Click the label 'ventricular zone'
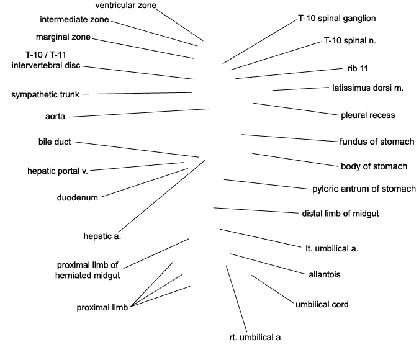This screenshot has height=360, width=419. tap(126, 6)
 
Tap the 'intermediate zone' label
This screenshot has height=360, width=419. tap(74, 19)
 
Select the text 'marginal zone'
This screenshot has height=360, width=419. tap(63, 37)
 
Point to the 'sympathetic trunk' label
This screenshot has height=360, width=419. tap(45, 94)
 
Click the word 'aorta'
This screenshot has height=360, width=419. tap(55, 117)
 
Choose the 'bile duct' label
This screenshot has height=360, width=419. tap(55, 142)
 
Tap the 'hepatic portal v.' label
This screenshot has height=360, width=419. tap(58, 171)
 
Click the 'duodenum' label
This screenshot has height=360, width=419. tap(78, 197)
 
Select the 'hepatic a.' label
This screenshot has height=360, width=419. tap(102, 236)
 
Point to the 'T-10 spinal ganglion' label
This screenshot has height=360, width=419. tap(337, 19)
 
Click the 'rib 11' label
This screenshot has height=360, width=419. tap(358, 69)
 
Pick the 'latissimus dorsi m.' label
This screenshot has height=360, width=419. tap(367, 88)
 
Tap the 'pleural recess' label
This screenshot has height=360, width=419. tap(368, 115)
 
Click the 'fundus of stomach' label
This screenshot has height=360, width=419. tap(377, 142)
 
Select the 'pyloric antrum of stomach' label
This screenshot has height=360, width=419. tap(364, 189)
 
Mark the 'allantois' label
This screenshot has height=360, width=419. tap(325, 275)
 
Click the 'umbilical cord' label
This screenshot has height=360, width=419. tap(322, 304)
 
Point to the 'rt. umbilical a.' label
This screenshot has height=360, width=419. tap(256, 337)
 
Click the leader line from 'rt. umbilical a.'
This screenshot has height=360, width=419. tap(237, 299)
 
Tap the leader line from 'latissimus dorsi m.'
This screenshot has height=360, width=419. tap(300, 89)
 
